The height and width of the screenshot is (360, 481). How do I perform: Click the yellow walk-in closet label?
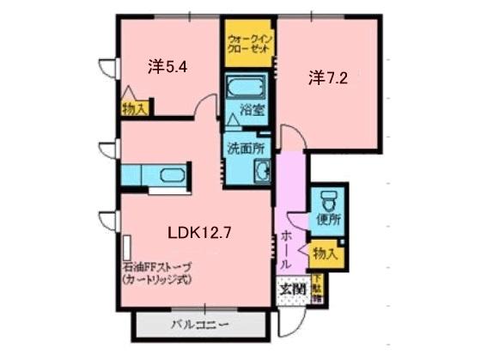[x=248, y=43]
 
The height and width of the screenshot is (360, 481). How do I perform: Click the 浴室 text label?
[x=252, y=110]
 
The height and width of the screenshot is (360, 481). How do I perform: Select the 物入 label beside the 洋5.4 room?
[x=135, y=107]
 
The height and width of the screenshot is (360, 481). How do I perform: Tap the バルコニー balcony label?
[x=198, y=325]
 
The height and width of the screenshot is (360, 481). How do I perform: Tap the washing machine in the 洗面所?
[x=261, y=171]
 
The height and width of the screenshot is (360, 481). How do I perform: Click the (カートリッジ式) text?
[x=155, y=279]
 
